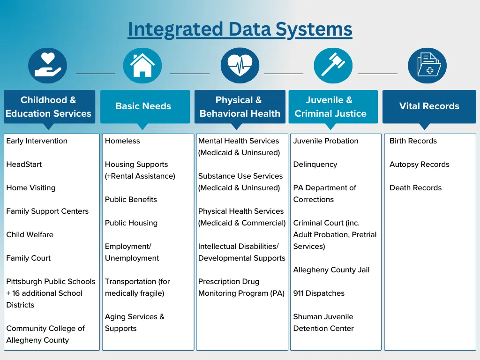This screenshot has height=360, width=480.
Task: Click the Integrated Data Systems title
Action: [240, 29]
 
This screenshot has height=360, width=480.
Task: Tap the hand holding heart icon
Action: [48, 66]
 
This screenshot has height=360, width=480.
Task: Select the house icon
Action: [142, 66]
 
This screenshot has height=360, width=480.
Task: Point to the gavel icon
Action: [333, 66]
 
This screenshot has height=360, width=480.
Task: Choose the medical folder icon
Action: [427, 66]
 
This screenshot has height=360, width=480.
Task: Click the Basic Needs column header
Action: [143, 106]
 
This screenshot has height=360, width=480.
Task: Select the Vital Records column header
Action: [429, 106]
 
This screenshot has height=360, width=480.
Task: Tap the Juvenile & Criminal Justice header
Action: [330, 106]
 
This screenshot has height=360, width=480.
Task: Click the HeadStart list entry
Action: [24, 165]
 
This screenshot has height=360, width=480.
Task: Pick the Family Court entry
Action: [29, 258]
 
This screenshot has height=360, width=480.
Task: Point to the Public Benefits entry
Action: [131, 200]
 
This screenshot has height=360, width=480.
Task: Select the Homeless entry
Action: [122, 141]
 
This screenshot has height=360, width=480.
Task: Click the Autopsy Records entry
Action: [419, 165]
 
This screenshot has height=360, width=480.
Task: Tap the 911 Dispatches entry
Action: [319, 293]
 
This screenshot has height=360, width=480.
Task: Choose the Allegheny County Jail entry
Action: [331, 270]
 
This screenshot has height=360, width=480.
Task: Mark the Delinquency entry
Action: [315, 165]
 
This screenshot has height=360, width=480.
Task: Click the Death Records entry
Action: [415, 188]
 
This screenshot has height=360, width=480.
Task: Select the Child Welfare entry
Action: [30, 235]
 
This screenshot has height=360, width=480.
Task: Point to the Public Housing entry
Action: [131, 223]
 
